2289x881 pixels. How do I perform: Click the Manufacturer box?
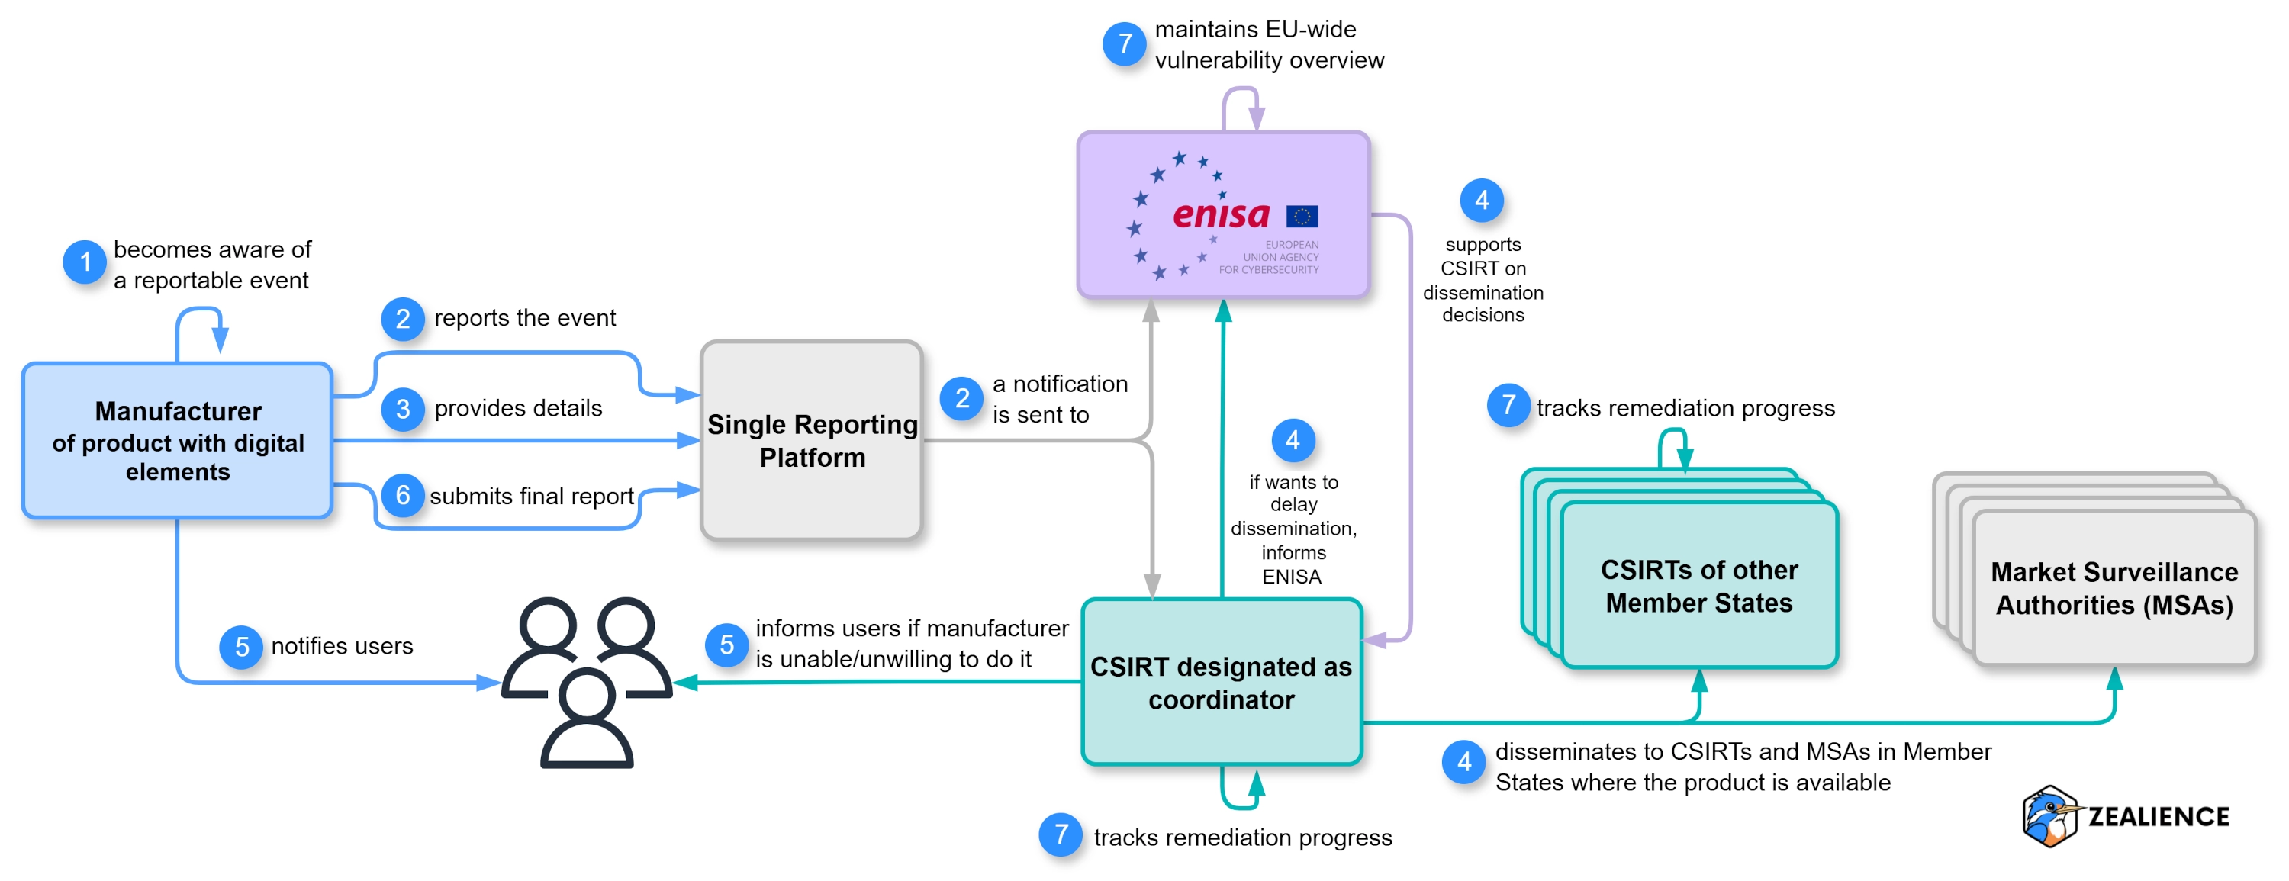[x=178, y=441]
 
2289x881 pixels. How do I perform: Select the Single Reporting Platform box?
[x=811, y=441]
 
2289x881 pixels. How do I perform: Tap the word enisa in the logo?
[x=1221, y=214]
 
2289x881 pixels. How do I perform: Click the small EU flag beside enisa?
[x=1302, y=216]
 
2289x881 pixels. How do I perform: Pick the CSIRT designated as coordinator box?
[x=1221, y=682]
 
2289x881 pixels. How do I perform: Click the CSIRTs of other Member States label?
[x=1698, y=586]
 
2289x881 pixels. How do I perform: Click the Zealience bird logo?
[x=2049, y=815]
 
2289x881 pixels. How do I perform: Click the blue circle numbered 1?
[x=85, y=262]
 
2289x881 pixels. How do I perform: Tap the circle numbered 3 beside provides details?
[x=403, y=409]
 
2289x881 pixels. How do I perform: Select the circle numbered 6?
[x=403, y=496]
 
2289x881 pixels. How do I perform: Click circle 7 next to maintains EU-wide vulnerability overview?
[x=1125, y=43]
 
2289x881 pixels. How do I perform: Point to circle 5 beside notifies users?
[x=242, y=647]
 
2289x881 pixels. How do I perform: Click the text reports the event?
[x=524, y=318]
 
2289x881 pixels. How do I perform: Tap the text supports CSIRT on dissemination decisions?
[x=1483, y=279]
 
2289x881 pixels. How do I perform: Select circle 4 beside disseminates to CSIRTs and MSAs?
[x=1463, y=762]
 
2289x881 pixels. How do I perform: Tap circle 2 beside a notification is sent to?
[x=961, y=398]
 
